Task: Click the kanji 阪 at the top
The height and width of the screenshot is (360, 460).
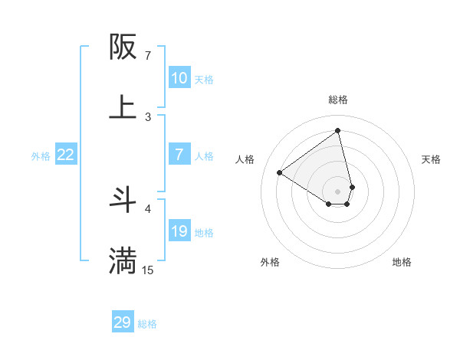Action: tap(123, 47)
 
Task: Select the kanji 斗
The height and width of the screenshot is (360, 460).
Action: tap(123, 200)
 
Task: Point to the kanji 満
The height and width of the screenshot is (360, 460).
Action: tap(123, 260)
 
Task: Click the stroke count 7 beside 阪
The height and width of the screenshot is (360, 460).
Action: tap(148, 56)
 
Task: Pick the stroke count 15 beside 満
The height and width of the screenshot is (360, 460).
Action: tap(148, 270)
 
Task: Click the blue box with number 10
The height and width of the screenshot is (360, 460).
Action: tap(179, 77)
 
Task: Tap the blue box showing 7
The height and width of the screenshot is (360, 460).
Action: tap(179, 155)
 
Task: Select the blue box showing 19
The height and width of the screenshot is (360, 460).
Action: tap(179, 231)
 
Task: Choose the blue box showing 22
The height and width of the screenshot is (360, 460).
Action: tap(66, 155)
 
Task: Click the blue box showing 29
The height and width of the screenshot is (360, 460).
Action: tap(123, 322)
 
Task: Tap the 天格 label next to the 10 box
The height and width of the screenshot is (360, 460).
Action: tap(204, 79)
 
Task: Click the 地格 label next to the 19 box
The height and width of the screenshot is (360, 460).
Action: tap(204, 233)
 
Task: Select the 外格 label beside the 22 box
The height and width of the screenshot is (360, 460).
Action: tap(41, 156)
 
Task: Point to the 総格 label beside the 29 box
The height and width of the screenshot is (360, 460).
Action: tap(147, 324)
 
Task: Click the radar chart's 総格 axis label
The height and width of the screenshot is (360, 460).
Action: tap(338, 100)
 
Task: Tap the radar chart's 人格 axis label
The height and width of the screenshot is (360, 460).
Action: tap(245, 159)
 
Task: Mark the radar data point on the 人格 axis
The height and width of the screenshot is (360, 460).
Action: tap(280, 172)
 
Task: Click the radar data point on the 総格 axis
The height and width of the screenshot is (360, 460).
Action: tap(338, 130)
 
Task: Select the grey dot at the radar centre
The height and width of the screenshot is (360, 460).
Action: tap(338, 191)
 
